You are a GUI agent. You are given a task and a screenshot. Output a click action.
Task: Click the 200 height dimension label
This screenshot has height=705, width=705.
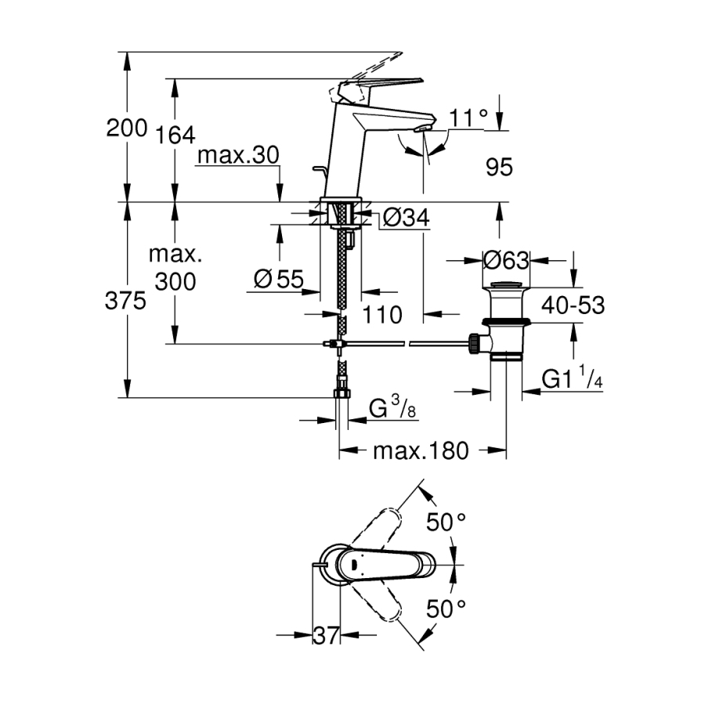(x=127, y=128)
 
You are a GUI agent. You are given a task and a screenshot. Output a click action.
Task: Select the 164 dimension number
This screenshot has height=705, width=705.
(x=174, y=135)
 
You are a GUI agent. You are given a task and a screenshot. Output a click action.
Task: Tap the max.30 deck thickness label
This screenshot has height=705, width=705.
(x=237, y=155)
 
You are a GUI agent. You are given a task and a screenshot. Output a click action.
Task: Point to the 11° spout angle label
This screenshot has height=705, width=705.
(x=469, y=118)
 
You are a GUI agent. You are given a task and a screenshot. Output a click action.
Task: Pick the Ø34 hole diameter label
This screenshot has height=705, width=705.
(x=407, y=219)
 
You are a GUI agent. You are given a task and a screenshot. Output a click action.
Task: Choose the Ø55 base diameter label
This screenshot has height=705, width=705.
(x=279, y=279)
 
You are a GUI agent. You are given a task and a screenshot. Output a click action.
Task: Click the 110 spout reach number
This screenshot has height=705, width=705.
(x=382, y=315)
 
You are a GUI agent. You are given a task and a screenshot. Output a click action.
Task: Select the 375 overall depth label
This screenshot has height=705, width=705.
(x=125, y=301)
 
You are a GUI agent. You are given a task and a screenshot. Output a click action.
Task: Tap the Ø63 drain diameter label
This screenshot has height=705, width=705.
(x=506, y=259)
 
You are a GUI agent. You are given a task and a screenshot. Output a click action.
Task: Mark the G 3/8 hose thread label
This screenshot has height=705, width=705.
(x=390, y=409)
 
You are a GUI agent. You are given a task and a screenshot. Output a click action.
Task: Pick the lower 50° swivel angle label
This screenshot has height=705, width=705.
(x=445, y=608)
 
